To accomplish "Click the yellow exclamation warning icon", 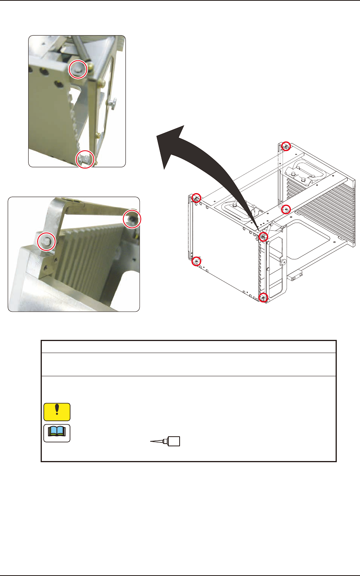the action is pos(57,412).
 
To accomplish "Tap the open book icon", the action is pos(57,433).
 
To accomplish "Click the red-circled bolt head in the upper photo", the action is pos(77,69).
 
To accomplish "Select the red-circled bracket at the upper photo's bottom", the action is pos(85,158).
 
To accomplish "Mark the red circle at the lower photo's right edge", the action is pos(132,219).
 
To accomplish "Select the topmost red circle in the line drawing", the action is pos(286,146).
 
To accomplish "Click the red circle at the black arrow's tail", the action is pos(263,237).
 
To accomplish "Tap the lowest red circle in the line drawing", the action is pos(263,297).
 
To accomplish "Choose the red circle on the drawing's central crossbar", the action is pos(286,209).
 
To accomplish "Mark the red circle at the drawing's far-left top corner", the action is pos(197,198).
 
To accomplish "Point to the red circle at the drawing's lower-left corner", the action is pos(197,261).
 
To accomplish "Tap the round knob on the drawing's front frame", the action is pos(284,262).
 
